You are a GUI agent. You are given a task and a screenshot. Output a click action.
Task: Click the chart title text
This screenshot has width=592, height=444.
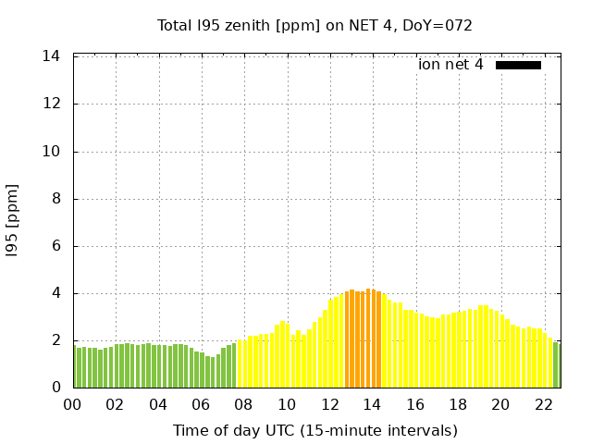pyautogui.click(x=314, y=25)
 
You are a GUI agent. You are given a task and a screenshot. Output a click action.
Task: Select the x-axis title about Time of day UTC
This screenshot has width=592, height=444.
pyautogui.click(x=314, y=430)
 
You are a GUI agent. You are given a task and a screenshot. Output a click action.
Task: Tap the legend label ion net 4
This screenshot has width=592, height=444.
pyautogui.click(x=450, y=65)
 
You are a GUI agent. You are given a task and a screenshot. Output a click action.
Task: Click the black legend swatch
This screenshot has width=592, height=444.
pyautogui.click(x=518, y=65)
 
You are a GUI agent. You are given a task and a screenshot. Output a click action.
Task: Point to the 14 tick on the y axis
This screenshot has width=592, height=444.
pyautogui.click(x=52, y=56)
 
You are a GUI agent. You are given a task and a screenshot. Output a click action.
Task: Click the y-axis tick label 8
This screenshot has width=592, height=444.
pyautogui.click(x=55, y=199)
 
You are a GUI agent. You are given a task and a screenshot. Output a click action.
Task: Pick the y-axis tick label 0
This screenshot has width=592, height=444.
pyautogui.click(x=55, y=388)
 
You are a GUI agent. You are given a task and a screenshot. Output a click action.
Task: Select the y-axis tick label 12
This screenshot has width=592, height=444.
pyautogui.click(x=52, y=104)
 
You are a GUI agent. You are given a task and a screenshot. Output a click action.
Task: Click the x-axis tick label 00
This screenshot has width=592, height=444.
pyautogui.click(x=72, y=404)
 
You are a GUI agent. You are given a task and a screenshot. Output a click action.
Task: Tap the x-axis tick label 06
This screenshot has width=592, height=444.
pyautogui.click(x=201, y=404)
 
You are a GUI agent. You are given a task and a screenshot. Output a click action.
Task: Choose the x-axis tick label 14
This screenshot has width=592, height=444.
pyautogui.click(x=372, y=404)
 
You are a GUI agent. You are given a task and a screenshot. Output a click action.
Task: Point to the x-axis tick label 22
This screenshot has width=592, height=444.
pyautogui.click(x=543, y=404)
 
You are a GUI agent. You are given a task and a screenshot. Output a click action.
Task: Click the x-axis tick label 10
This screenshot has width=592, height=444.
pyautogui.click(x=287, y=404)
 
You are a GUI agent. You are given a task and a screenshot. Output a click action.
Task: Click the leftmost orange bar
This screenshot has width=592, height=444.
pyautogui.click(x=347, y=342)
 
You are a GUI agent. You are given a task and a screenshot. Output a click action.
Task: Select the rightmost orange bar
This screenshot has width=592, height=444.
pyautogui.click(x=378, y=342)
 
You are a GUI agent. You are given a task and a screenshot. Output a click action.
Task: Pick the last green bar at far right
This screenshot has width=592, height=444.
pyautogui.click(x=556, y=366)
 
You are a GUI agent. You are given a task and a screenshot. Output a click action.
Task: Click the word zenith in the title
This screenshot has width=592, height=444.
pyautogui.click(x=241, y=25)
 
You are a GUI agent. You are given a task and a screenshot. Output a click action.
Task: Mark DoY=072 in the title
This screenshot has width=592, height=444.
pyautogui.click(x=439, y=25)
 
